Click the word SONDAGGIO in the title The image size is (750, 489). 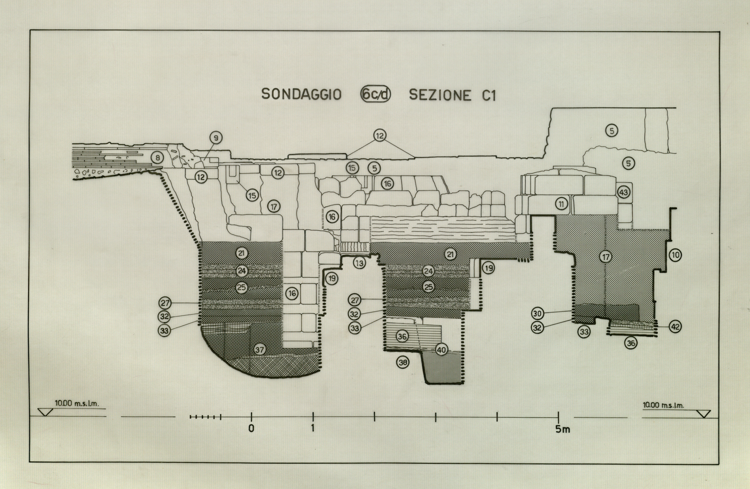pyautogui.click(x=301, y=94)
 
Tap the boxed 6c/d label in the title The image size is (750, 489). pyautogui.click(x=375, y=95)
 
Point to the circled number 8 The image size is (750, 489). pyautogui.click(x=157, y=158)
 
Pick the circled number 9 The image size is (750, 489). pyautogui.click(x=216, y=138)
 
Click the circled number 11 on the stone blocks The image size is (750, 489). pyautogui.click(x=561, y=204)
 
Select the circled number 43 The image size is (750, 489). pyautogui.click(x=623, y=193)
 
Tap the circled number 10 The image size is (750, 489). pyautogui.click(x=675, y=255)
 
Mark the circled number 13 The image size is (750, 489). pyautogui.click(x=359, y=263)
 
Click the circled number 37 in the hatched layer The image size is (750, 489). pyautogui.click(x=259, y=350)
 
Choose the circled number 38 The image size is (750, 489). pyautogui.click(x=403, y=362)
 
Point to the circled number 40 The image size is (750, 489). pyautogui.click(x=441, y=350)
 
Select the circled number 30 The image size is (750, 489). pyautogui.click(x=537, y=313)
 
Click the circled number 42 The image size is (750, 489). pyautogui.click(x=675, y=327)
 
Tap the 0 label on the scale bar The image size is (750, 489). pyautogui.click(x=251, y=429)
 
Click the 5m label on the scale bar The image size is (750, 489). pyautogui.click(x=562, y=429)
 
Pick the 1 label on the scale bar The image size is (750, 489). pyautogui.click(x=313, y=429)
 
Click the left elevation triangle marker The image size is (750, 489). pyautogui.click(x=47, y=412)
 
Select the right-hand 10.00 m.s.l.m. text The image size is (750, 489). pyautogui.click(x=663, y=405)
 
